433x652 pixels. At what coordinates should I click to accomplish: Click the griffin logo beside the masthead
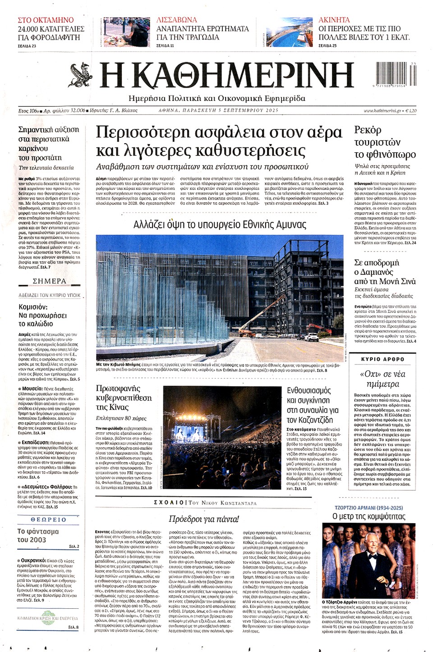point(82,74)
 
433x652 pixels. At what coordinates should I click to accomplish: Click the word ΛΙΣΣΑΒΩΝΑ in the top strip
point(177,20)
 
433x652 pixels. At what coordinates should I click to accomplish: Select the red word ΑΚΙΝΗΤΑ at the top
point(334,20)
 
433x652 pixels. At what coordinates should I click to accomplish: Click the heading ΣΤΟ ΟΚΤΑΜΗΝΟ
point(46,20)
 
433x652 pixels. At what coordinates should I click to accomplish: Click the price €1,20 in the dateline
point(411,110)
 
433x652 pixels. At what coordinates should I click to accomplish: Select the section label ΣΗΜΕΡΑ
point(49,281)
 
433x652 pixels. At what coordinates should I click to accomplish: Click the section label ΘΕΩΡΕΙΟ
point(48,520)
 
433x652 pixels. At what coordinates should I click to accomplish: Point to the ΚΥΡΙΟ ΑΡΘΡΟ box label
point(383,359)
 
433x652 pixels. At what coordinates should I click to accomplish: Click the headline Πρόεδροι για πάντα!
point(204,519)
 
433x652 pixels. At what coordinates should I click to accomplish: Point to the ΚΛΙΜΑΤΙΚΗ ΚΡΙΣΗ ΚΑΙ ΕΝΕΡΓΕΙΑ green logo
point(47,618)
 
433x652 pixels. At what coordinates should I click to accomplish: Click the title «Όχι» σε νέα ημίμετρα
point(382,379)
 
